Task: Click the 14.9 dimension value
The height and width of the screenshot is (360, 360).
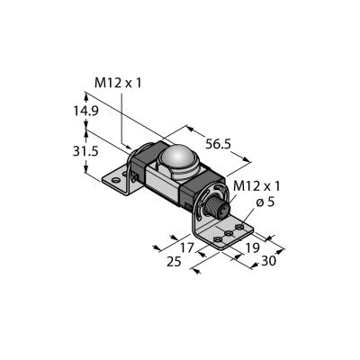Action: [85, 111]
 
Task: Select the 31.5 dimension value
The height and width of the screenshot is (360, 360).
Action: [85, 151]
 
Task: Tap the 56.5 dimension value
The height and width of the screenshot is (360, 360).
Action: [218, 144]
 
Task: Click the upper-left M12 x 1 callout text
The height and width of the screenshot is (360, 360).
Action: [118, 83]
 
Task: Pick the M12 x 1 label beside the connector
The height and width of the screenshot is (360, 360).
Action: [256, 186]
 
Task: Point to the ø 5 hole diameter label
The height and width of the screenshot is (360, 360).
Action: [265, 202]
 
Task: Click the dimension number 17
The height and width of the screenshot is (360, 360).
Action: [187, 248]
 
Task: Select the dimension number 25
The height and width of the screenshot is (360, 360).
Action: [174, 262]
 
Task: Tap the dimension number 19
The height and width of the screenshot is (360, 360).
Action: [252, 248]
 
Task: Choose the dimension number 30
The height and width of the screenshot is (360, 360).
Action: [268, 261]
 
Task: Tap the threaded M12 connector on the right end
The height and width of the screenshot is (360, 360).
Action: [216, 208]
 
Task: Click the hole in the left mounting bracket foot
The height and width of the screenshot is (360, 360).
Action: [115, 181]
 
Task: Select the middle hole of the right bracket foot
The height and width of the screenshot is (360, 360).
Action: [229, 233]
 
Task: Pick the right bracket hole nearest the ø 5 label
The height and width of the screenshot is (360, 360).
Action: [239, 227]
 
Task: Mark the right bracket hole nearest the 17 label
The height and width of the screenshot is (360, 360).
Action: [217, 239]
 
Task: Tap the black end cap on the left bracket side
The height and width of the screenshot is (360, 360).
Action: [143, 160]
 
